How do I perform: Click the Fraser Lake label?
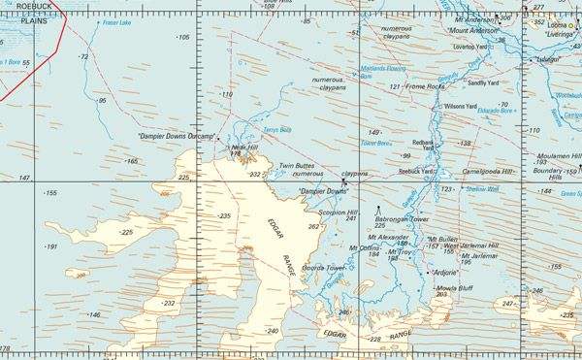click(115, 22)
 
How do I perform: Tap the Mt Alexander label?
click(387, 237)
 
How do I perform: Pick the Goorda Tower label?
click(323, 267)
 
